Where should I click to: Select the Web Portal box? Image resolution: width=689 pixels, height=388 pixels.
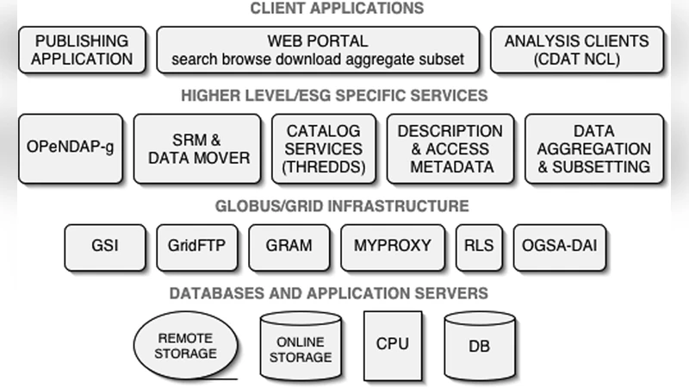tap(318, 50)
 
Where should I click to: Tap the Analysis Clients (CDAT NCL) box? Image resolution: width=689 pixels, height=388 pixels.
tap(578, 50)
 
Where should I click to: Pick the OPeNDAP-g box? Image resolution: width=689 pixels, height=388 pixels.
tap(71, 147)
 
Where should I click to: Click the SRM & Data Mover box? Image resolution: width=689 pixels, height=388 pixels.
tap(197, 147)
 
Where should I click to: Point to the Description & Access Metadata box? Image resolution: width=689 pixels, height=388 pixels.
tap(450, 147)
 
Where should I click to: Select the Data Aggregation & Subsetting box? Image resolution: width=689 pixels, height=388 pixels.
tap(594, 147)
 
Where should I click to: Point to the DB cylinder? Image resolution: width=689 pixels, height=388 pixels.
tap(480, 347)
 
